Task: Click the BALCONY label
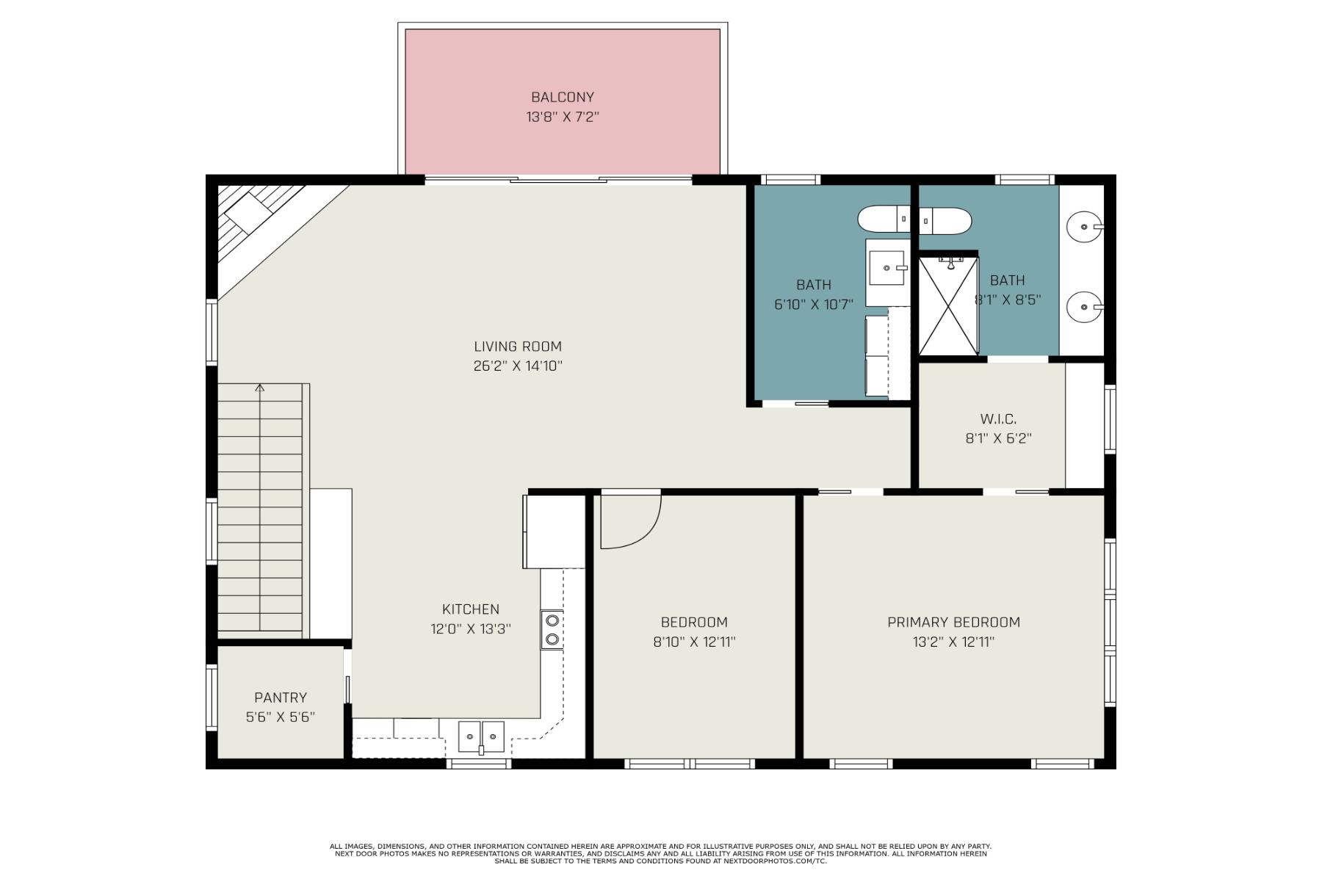point(563,97)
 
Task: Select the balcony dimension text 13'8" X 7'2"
point(563,117)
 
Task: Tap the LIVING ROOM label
point(518,347)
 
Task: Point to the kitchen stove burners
point(552,630)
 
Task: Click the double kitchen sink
point(481,736)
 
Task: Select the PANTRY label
point(281,697)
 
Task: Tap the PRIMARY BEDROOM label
point(953,623)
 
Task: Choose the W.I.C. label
point(998,419)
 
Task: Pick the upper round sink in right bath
point(1084,227)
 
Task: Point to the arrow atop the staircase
point(259,388)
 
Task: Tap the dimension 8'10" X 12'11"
point(694,642)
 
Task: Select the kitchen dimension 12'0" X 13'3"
point(471,629)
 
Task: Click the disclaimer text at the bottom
point(660,853)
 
